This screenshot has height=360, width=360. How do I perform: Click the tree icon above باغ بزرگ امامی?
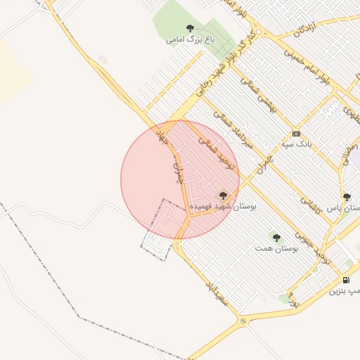tap(190, 28)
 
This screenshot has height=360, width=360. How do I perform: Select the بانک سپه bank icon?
tap(296, 134)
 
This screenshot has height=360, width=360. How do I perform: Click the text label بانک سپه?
tap(296, 144)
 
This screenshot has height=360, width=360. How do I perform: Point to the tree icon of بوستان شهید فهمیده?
tap(223, 195)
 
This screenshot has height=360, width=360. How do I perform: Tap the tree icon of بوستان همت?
tap(276, 238)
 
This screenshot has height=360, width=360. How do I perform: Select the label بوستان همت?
tap(276, 248)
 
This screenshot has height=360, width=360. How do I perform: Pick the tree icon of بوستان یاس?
tap(347, 197)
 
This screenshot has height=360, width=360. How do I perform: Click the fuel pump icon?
tap(345, 280)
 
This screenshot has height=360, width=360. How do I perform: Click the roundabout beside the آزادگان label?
tap(257, 31)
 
